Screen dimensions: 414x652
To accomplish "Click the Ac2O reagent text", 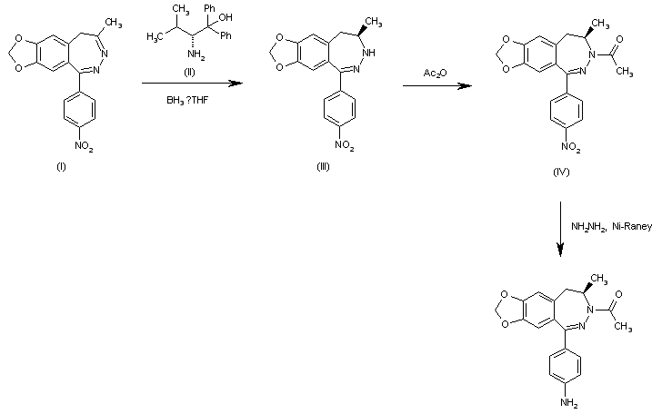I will coord(434,72).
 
